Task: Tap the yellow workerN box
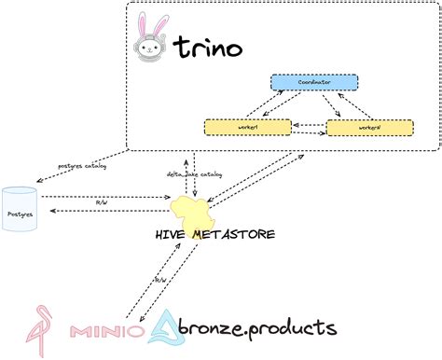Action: tap(368, 127)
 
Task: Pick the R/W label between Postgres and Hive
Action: tap(103, 201)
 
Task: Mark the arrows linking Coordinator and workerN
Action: tap(342, 104)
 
